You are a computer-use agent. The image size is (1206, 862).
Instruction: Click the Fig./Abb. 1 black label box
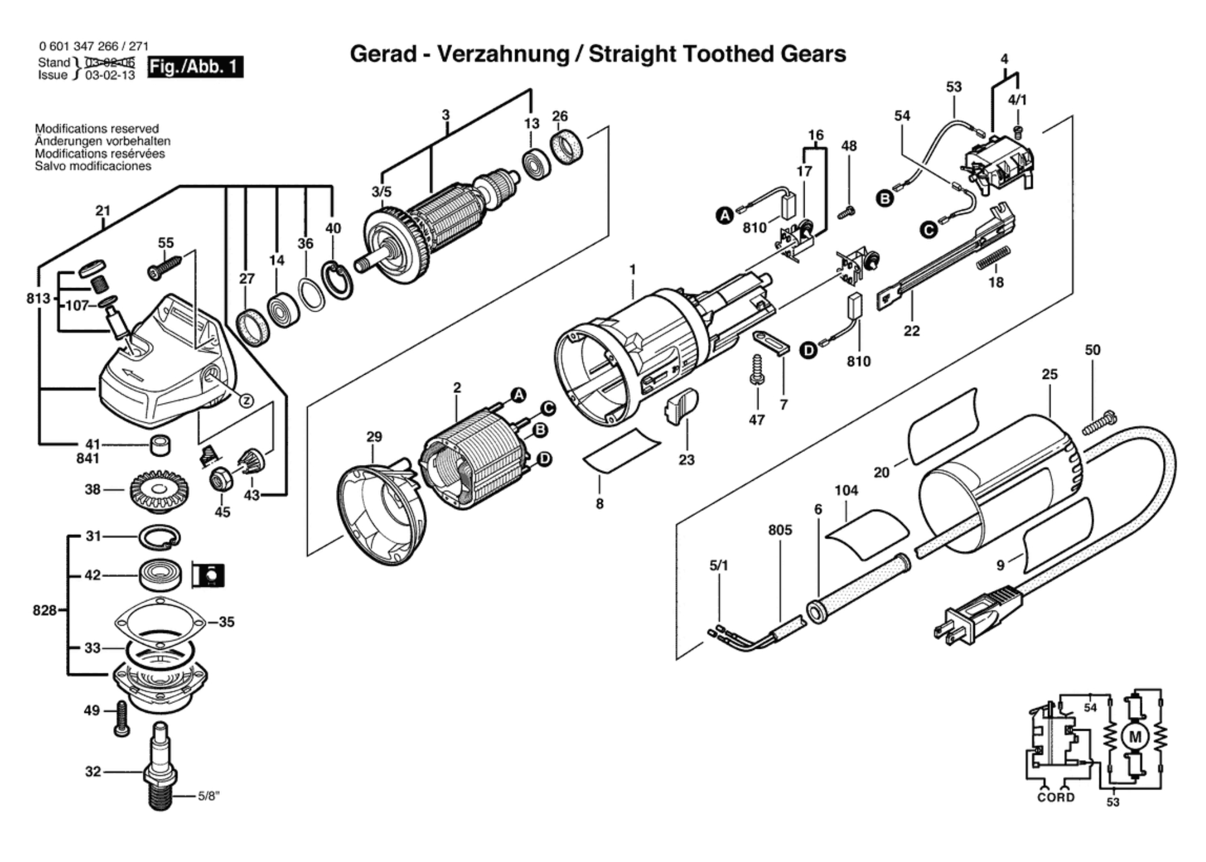[195, 67]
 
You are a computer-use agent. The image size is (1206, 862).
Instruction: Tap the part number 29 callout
[374, 437]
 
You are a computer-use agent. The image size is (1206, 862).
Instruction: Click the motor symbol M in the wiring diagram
[1134, 737]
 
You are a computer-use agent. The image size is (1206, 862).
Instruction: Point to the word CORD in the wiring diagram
[1056, 798]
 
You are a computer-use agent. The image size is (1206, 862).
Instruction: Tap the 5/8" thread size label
[208, 796]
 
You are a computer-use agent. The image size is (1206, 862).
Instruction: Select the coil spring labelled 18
[994, 257]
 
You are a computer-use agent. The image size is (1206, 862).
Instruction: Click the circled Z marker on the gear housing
[246, 401]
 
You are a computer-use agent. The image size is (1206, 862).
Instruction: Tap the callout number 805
[780, 530]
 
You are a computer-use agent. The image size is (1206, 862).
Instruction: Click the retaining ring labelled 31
[160, 537]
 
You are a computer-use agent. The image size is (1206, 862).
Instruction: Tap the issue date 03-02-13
[110, 75]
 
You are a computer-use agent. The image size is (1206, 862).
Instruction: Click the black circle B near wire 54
[885, 199]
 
